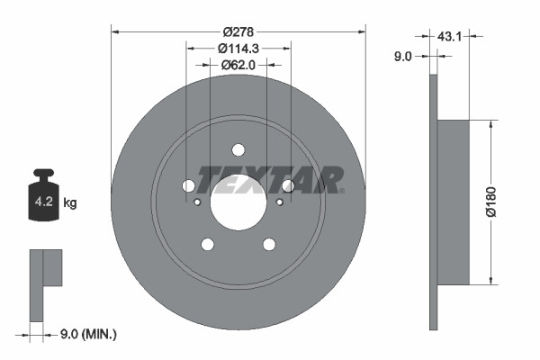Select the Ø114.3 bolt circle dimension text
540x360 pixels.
[x=238, y=48]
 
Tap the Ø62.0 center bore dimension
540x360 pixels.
[x=238, y=64]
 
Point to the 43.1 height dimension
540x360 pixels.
[x=450, y=37]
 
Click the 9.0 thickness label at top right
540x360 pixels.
[x=402, y=56]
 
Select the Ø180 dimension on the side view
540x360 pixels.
[x=491, y=202]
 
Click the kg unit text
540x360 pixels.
[x=71, y=203]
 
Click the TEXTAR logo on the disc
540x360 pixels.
[x=270, y=180]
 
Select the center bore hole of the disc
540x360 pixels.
[x=238, y=202]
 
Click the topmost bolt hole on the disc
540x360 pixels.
[x=238, y=149]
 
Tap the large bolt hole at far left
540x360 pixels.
[x=188, y=185]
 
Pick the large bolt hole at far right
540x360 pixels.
[x=288, y=185]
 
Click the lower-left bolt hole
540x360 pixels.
[x=207, y=244]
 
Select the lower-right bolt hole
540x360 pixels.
[x=269, y=244]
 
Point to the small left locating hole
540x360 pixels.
[x=198, y=202]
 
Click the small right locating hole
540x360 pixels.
[x=279, y=202]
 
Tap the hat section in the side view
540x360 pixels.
[x=454, y=202]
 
